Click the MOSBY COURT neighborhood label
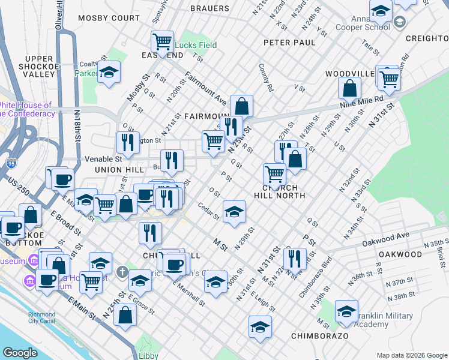coord(108,19)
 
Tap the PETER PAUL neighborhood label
coord(289,43)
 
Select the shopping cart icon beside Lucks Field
coord(162,42)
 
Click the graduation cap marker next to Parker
coord(108,73)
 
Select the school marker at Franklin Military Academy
coord(346,311)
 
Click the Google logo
coord(20,353)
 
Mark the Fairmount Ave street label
coord(205,88)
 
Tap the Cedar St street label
coord(208,213)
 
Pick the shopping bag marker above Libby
coord(125,314)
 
